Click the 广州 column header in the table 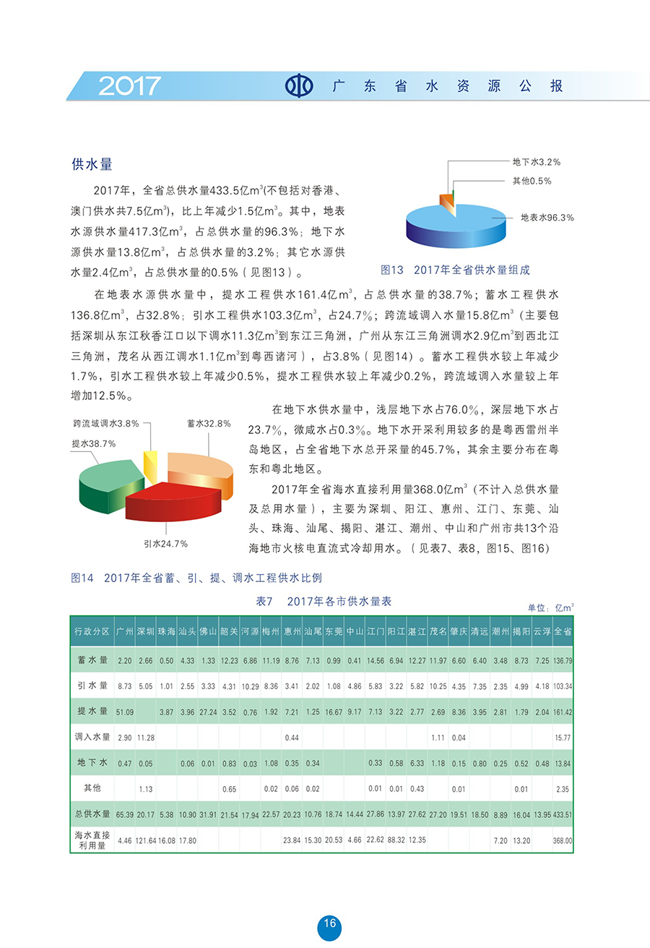click(x=124, y=631)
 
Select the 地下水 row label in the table click(x=92, y=762)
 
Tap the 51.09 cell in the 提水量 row click(x=124, y=712)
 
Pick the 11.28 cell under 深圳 click(x=145, y=737)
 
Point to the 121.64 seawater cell click(x=145, y=841)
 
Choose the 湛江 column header click(x=417, y=631)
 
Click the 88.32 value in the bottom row click(x=396, y=841)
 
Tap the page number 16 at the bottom click(x=329, y=923)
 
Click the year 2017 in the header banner click(x=129, y=86)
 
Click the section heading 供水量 click(x=92, y=164)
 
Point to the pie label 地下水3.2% click(x=536, y=161)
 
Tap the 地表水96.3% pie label click(x=547, y=217)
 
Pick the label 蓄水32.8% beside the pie click(x=209, y=424)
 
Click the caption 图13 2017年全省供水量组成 click(x=455, y=270)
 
